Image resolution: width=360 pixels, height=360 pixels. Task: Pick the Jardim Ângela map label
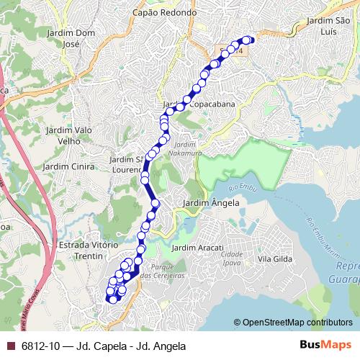point(211,204)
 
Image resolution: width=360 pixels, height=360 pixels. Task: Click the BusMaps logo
point(328,345)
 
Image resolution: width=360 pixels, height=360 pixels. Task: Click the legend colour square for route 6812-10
point(9,346)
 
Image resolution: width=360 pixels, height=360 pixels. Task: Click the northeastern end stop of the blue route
point(250,40)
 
